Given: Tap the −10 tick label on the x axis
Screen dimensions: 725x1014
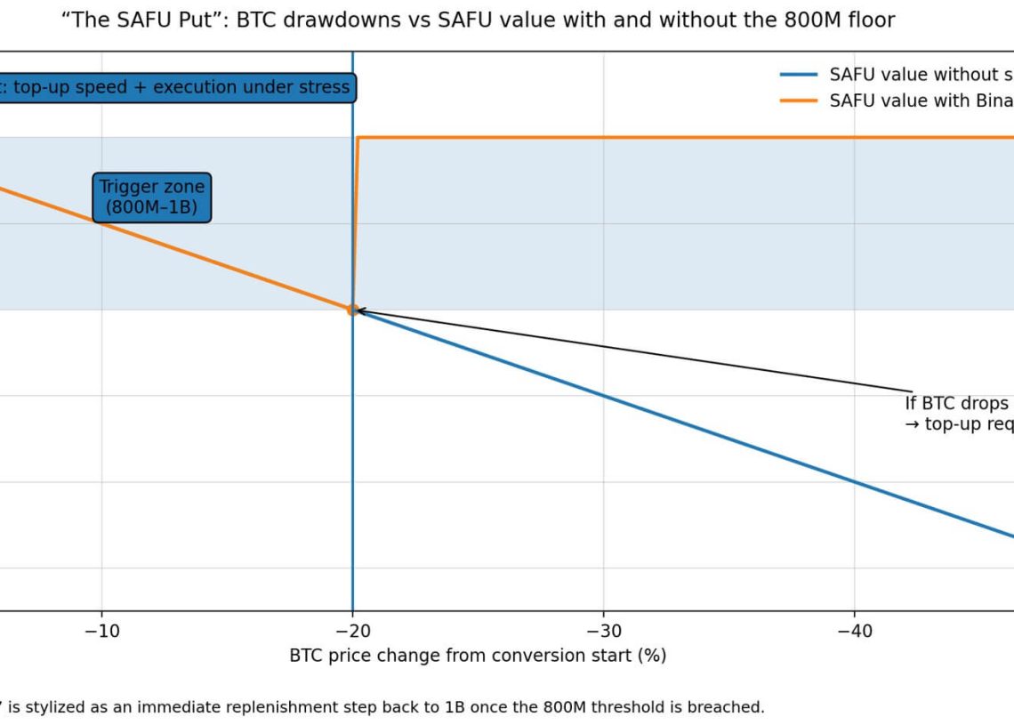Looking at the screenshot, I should (101, 630).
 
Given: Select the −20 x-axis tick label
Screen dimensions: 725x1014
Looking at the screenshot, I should (352, 630).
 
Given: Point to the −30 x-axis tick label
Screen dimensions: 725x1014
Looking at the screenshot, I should (603, 630).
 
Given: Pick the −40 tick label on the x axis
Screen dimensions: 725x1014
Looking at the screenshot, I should (854, 630).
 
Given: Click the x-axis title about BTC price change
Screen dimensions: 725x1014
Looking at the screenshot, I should (478, 656).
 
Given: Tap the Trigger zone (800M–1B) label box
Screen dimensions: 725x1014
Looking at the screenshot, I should (151, 197).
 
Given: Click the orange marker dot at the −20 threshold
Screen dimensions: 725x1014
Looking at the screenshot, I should (352, 310).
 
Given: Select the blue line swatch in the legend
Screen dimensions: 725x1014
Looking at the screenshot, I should (798, 75).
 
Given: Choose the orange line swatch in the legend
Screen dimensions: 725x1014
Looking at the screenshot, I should (798, 101).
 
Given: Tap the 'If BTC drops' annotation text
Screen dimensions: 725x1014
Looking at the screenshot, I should (957, 403).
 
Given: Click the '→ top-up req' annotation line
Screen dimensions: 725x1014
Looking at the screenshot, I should (957, 423).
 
